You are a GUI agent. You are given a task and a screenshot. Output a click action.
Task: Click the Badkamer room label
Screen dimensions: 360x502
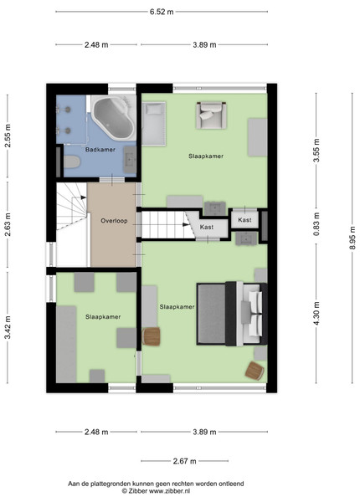(100, 150)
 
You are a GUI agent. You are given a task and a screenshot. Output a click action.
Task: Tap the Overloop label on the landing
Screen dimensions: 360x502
(114, 221)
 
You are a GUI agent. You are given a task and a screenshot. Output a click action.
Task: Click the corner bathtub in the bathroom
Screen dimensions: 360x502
(114, 119)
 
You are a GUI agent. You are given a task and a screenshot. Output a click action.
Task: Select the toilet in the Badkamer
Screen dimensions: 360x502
(71, 161)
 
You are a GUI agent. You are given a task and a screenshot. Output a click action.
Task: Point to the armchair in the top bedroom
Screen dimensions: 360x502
(211, 115)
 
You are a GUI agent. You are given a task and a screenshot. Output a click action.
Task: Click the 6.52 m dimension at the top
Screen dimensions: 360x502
(162, 12)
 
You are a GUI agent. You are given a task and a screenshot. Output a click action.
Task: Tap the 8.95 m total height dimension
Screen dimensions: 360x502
(352, 238)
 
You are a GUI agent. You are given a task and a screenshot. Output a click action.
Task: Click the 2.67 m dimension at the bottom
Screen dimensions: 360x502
(184, 461)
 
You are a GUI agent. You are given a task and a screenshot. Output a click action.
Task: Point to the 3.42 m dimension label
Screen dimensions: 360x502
(8, 327)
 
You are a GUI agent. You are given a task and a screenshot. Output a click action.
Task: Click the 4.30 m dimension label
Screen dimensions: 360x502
(316, 314)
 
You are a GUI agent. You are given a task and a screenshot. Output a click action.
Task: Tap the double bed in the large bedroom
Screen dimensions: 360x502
(232, 314)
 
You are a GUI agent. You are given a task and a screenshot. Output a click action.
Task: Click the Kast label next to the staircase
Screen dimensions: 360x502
(207, 227)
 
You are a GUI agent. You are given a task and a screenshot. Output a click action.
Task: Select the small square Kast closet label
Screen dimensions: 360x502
(244, 220)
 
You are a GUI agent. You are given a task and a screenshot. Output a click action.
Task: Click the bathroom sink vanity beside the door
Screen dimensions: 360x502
(130, 160)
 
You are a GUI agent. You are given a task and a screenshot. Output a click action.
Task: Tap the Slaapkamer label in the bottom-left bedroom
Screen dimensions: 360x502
(103, 316)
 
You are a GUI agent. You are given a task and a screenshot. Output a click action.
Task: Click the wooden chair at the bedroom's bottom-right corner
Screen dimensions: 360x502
(255, 371)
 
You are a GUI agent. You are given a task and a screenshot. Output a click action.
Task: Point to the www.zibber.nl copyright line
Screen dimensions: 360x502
(156, 491)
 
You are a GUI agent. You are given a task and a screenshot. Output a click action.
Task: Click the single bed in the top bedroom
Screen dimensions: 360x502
(154, 124)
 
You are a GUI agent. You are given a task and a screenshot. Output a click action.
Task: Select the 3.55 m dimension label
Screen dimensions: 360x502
(316, 150)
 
